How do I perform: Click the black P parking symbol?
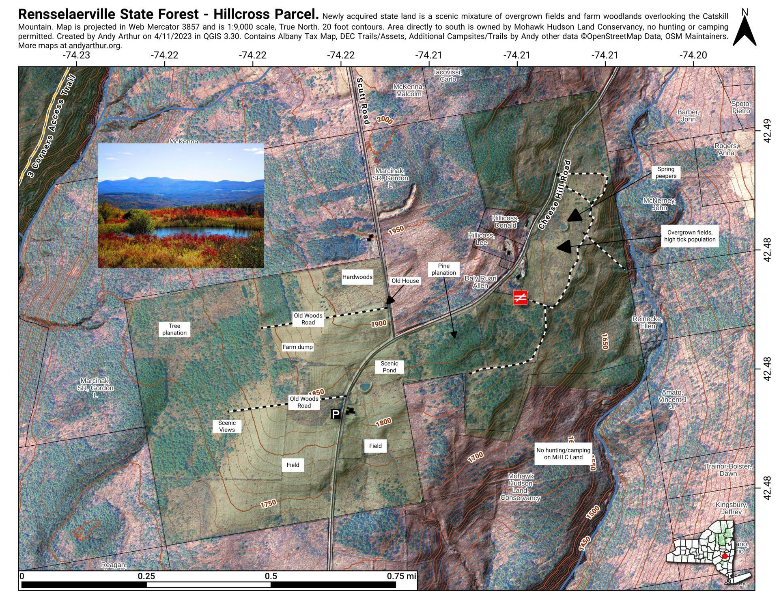(336, 414)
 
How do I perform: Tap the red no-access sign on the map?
(520, 298)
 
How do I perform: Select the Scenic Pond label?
(389, 367)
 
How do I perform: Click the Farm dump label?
(297, 347)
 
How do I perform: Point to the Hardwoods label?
(357, 277)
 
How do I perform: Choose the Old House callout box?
(405, 281)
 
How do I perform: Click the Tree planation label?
(174, 329)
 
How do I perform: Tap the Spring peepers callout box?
(666, 173)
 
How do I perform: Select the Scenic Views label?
(227, 426)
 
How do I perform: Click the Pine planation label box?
(443, 269)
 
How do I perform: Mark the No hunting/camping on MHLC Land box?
(563, 453)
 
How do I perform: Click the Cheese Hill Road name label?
(555, 195)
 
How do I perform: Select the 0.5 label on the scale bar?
(271, 576)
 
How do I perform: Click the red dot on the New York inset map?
(725, 556)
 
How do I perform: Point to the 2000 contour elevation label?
(384, 120)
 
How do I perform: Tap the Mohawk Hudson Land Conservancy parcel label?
(520, 487)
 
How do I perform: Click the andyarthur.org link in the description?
(94, 45)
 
